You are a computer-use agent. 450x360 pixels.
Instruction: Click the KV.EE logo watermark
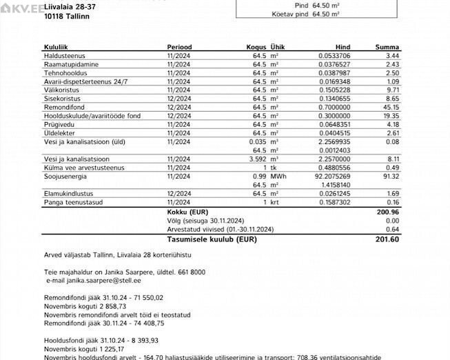pyautogui.click(x=22, y=7)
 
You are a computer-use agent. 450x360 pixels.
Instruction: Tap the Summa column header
pyautogui.click(x=387, y=47)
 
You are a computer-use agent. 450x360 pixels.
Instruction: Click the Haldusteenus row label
pyautogui.click(x=64, y=55)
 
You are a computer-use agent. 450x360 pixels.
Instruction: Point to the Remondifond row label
pyautogui.click(x=63, y=108)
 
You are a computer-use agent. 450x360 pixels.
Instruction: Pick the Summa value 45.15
pyautogui.click(x=391, y=108)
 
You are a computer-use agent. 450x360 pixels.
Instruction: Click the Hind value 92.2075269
pyautogui.click(x=334, y=177)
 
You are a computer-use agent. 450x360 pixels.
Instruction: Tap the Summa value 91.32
pyautogui.click(x=391, y=177)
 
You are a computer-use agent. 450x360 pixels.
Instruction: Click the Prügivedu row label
pyautogui.click(x=59, y=125)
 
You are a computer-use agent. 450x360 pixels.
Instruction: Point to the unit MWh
pyautogui.click(x=278, y=177)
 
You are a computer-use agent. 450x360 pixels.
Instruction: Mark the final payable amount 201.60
pyautogui.click(x=388, y=239)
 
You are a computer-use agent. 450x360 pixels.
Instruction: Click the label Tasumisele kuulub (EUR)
pyautogui.click(x=207, y=239)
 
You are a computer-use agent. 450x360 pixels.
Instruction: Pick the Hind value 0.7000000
pyautogui.click(x=334, y=108)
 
